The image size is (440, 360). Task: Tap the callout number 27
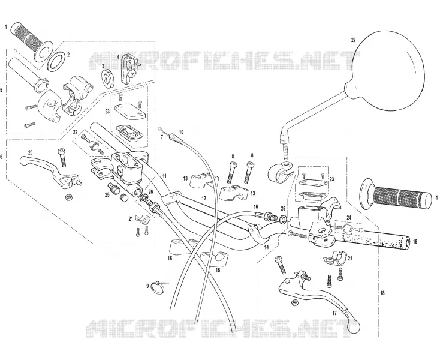353,40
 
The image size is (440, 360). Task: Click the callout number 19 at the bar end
415,241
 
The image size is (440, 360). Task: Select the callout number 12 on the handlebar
204,198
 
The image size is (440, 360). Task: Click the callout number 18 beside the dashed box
382,293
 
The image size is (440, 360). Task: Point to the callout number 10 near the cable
181,132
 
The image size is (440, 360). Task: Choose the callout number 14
266,247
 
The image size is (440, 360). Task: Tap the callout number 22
75,132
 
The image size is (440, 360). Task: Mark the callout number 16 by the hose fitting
255,206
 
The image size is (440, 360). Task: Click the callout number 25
107,194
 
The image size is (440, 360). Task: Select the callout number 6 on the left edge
1,157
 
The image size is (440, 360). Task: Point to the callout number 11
164,176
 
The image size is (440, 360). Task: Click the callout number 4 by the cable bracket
118,56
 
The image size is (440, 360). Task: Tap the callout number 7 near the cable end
162,137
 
